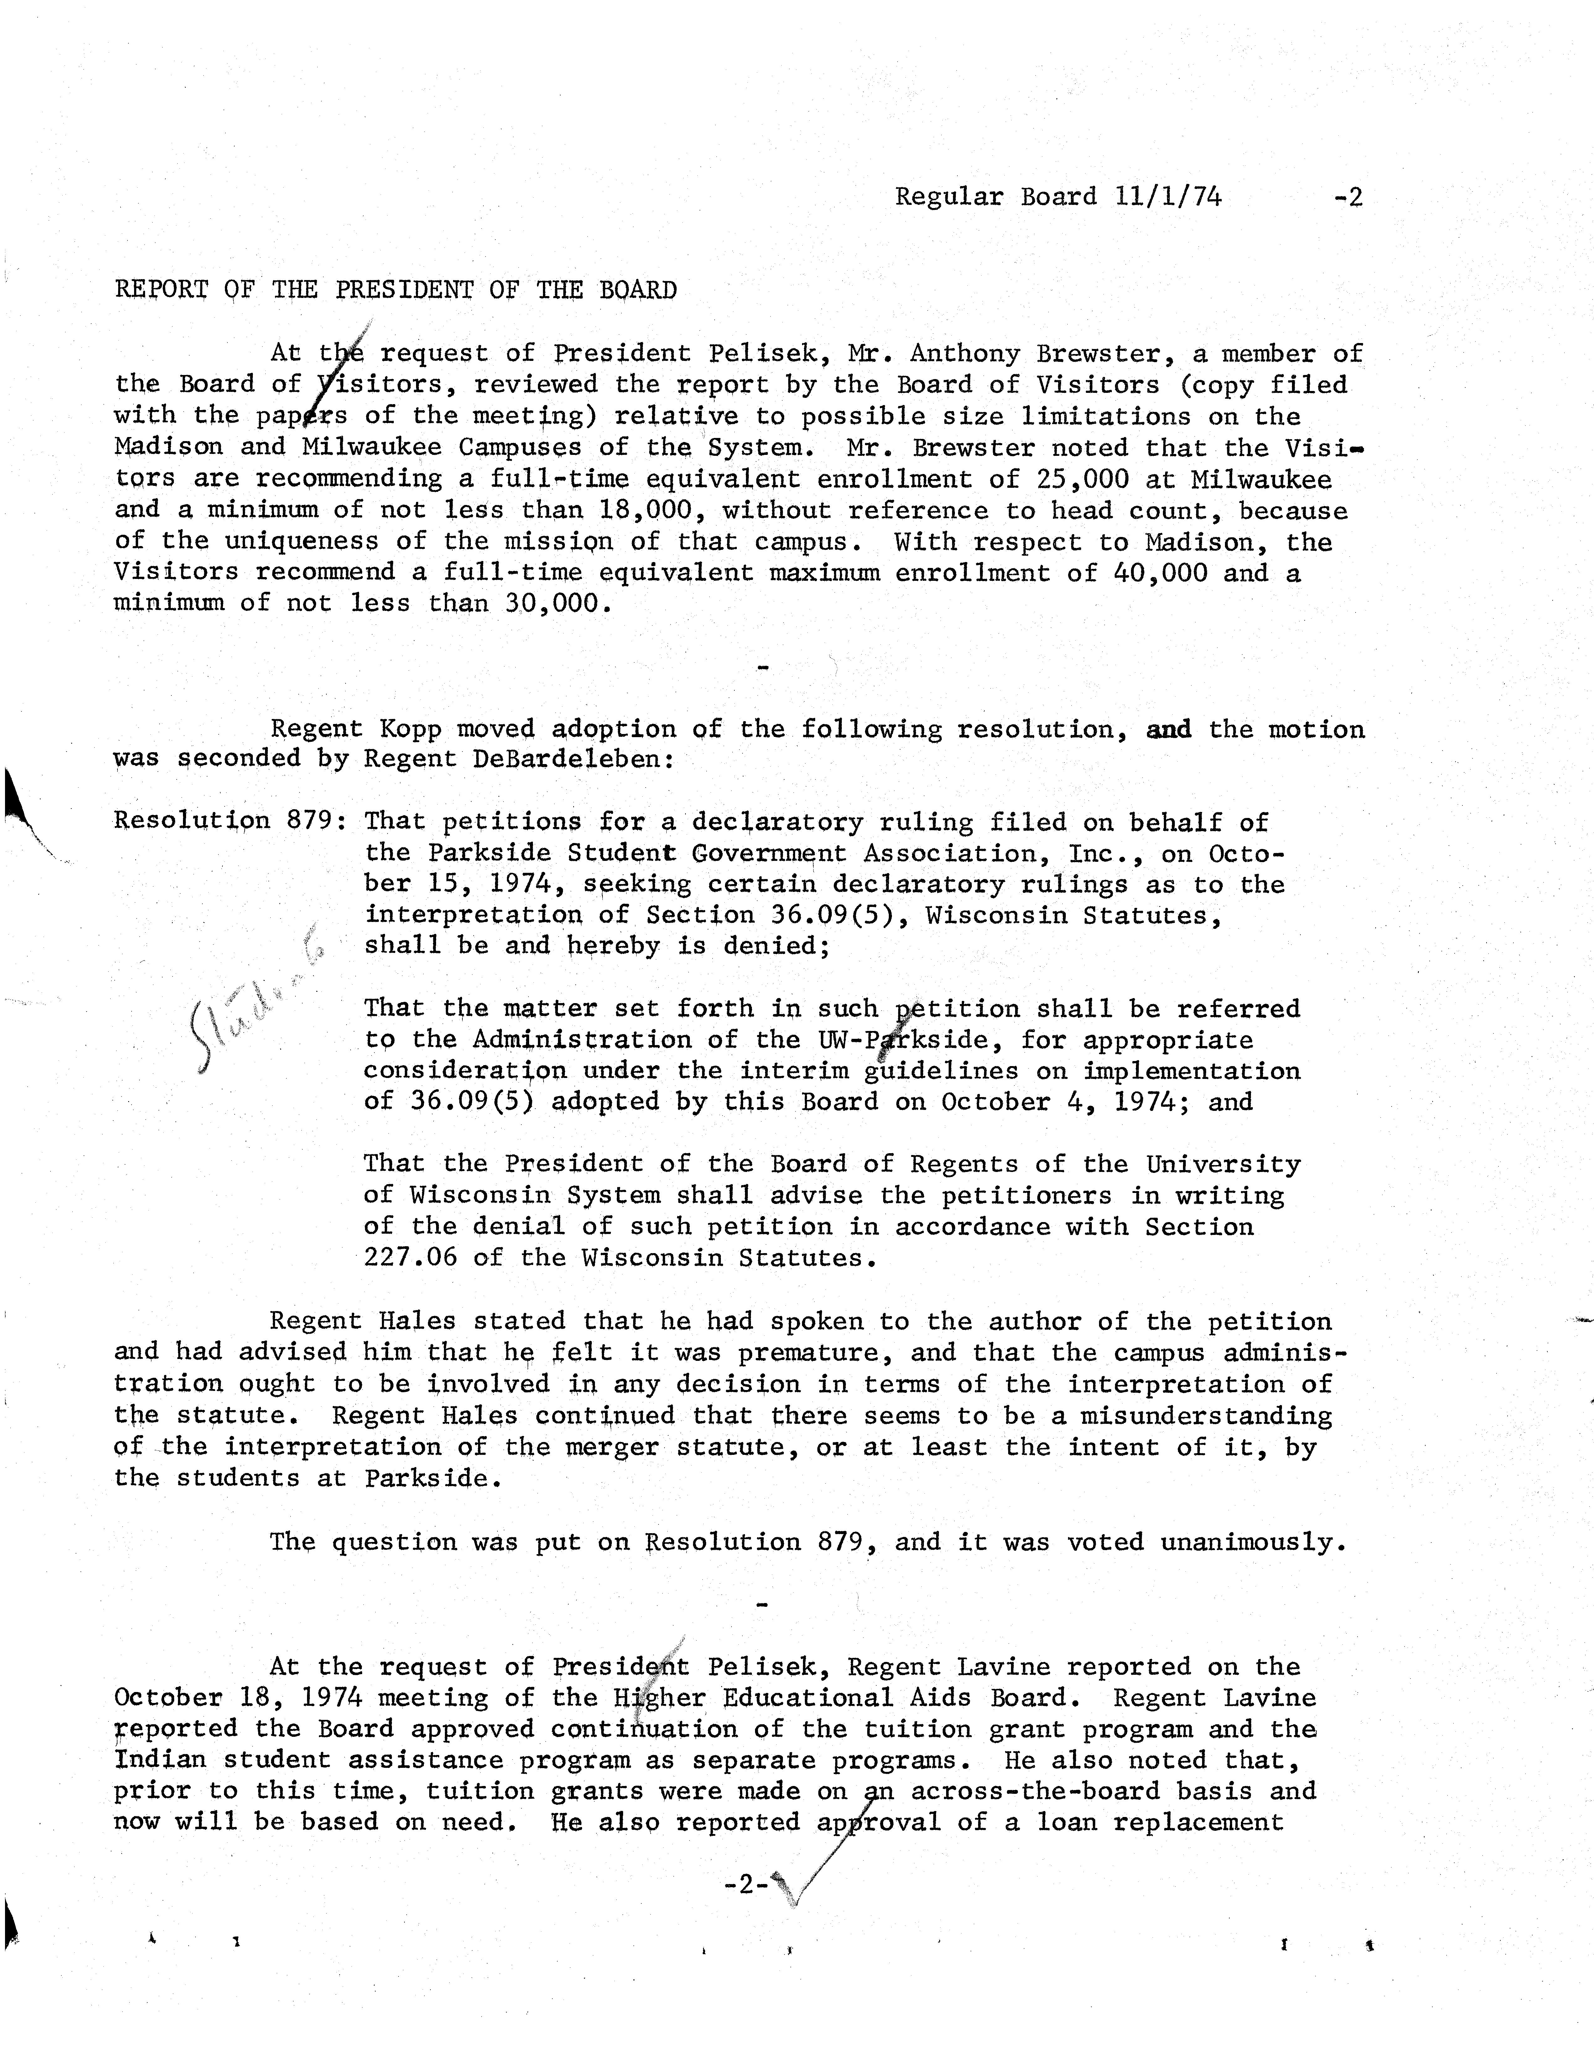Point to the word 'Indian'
pos(159,1760)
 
